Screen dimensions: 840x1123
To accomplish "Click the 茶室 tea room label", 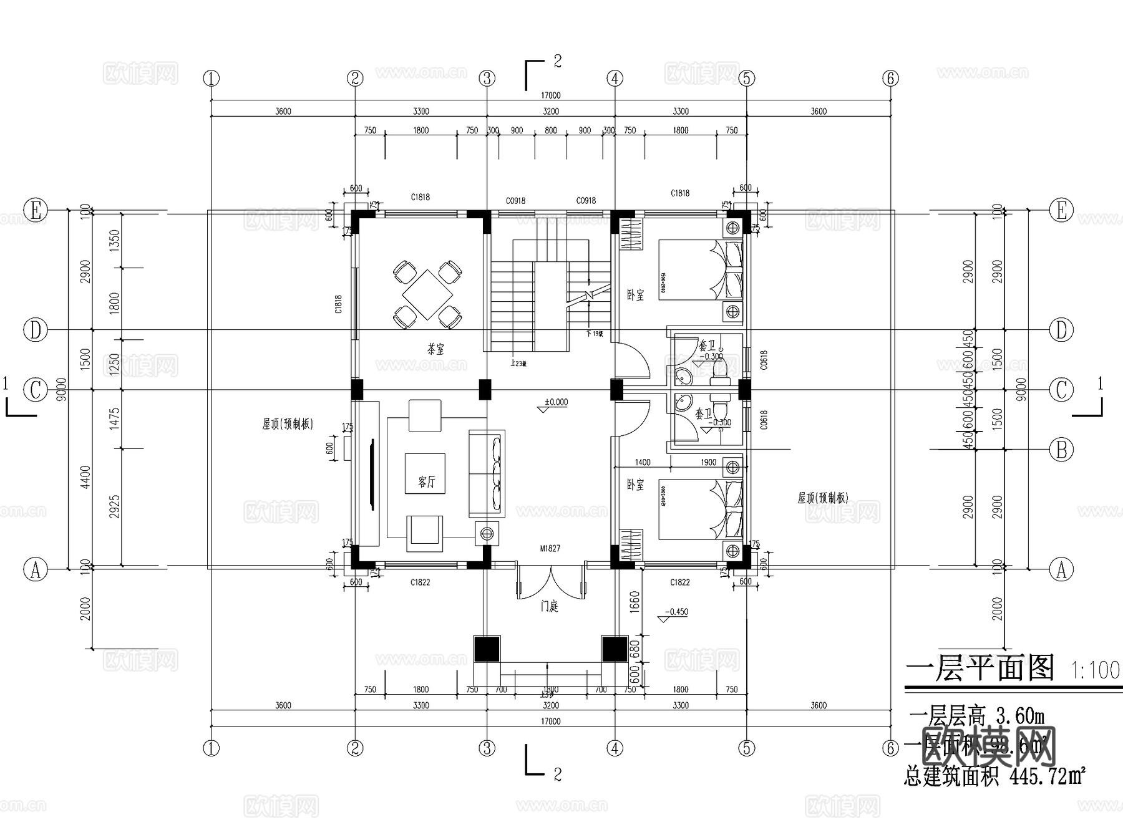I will (435, 349).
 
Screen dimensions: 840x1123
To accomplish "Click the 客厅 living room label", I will (427, 481).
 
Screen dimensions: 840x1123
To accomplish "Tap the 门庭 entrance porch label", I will (550, 606).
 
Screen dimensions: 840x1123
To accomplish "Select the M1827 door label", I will (550, 549).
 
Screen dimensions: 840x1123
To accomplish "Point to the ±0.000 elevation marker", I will (555, 403).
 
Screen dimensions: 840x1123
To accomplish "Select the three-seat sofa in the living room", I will (487, 473).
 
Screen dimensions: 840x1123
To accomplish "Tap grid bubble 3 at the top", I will (487, 79).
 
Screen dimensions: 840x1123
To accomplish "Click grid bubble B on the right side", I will (1061, 449).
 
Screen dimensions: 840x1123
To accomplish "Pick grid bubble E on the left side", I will (36, 211).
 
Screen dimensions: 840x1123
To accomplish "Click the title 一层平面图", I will (980, 669).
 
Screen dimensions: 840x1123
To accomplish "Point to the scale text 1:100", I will (1095, 670).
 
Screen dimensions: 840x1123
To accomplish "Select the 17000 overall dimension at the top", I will (550, 95).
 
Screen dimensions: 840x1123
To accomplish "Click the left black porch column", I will (487, 649).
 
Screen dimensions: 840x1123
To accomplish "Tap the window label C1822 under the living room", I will (420, 582).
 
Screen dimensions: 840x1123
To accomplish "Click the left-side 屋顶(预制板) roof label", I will (288, 424).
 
